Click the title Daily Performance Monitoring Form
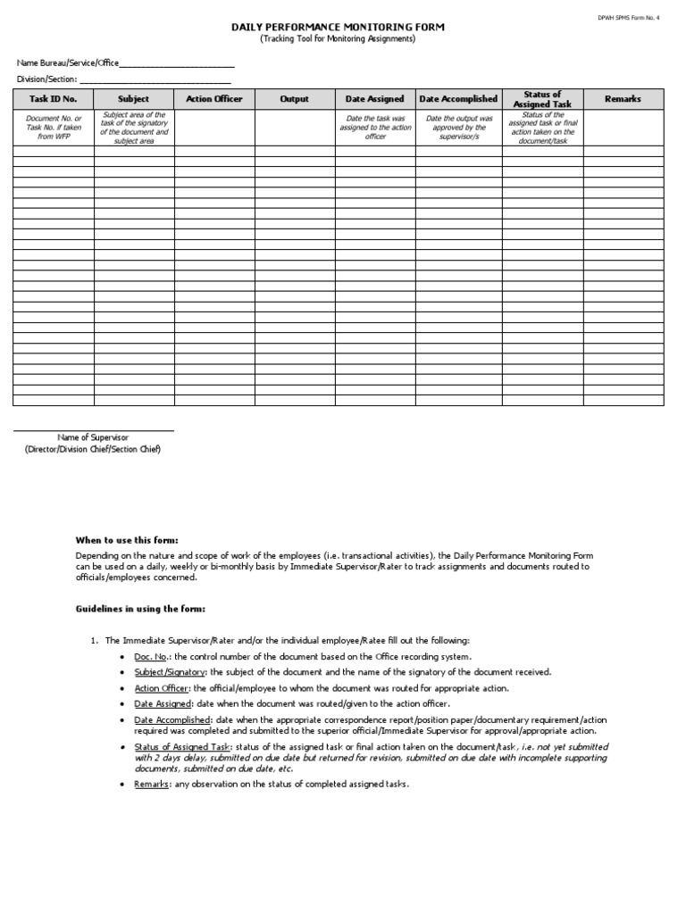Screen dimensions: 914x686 click(338, 28)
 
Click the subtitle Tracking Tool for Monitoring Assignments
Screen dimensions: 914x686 click(338, 39)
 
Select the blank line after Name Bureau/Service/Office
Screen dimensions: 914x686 click(176, 65)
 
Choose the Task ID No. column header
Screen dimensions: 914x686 click(53, 99)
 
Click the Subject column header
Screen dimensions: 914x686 click(134, 99)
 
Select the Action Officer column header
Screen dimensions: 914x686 click(213, 99)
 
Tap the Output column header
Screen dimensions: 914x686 click(294, 99)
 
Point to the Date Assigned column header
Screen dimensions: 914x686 click(374, 99)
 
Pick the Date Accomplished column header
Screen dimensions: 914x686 click(458, 99)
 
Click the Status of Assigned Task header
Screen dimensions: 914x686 click(542, 99)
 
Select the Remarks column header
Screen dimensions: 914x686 click(623, 99)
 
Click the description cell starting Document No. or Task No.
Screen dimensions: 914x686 click(53, 128)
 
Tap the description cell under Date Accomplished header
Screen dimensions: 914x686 click(458, 128)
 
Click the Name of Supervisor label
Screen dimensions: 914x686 click(93, 437)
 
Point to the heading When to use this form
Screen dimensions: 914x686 click(126, 540)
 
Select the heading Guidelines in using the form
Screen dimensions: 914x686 click(139, 609)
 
